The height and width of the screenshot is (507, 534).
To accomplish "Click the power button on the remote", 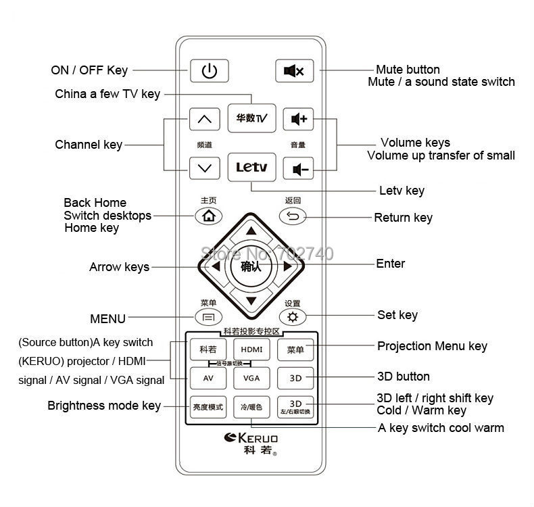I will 210,70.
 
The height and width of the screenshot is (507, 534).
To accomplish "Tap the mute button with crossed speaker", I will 294,70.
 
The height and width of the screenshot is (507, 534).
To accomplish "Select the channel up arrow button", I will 204,120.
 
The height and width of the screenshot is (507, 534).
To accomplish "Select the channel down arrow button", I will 204,168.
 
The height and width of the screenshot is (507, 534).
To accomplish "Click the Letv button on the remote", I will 251,167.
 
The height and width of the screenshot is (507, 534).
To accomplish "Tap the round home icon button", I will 208,216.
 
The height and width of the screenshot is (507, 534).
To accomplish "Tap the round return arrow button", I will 293,216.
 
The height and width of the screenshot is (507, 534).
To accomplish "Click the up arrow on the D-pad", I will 251,231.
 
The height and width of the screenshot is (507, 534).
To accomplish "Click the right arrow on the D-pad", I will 288,267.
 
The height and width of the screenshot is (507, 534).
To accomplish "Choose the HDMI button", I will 251,349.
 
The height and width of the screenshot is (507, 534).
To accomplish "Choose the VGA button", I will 251,378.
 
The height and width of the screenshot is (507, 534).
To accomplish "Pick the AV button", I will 208,378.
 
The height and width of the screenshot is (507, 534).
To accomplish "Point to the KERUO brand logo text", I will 251,439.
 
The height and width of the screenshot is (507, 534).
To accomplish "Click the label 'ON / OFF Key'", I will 89,70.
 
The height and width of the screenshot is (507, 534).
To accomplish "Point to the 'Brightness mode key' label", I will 104,406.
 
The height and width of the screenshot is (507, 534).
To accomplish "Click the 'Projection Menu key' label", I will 432,346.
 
